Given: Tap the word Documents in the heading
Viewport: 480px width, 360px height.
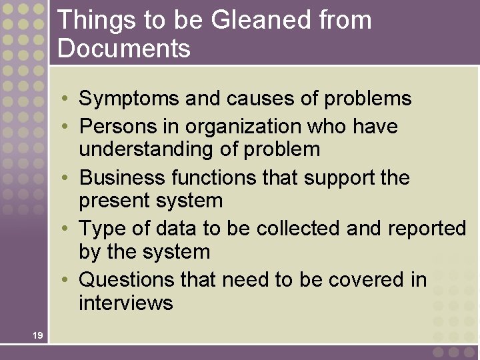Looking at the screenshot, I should [x=124, y=49].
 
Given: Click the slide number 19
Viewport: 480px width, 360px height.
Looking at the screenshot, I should [x=37, y=335].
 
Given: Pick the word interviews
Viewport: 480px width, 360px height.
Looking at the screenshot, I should [x=125, y=303].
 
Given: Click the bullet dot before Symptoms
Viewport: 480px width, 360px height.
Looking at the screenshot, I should [x=68, y=99].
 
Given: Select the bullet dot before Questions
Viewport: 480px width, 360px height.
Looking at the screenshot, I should [x=68, y=279].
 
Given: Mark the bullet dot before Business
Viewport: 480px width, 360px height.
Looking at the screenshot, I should [x=68, y=178].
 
